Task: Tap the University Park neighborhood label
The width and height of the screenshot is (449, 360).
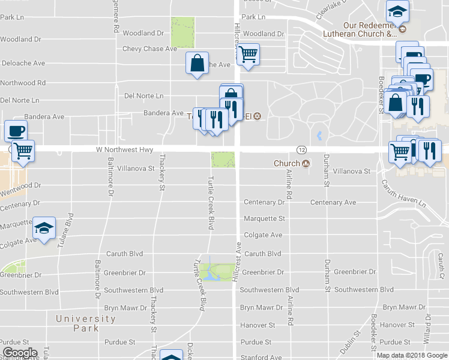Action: [85, 323]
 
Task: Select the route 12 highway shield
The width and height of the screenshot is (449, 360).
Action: [302, 149]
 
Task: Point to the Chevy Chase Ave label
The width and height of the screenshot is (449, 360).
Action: [149, 49]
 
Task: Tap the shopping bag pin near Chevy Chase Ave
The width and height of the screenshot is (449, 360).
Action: [197, 64]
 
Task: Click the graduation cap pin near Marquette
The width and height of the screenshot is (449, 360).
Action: [44, 228]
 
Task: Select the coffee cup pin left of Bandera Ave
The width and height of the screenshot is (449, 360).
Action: [16, 130]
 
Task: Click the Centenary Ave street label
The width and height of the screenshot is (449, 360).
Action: [333, 203]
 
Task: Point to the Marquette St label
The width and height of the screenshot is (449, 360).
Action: [264, 219]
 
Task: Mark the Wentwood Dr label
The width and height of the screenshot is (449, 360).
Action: [20, 188]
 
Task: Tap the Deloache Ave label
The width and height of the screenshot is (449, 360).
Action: [23, 62]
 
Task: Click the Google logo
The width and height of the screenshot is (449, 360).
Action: [20, 353]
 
